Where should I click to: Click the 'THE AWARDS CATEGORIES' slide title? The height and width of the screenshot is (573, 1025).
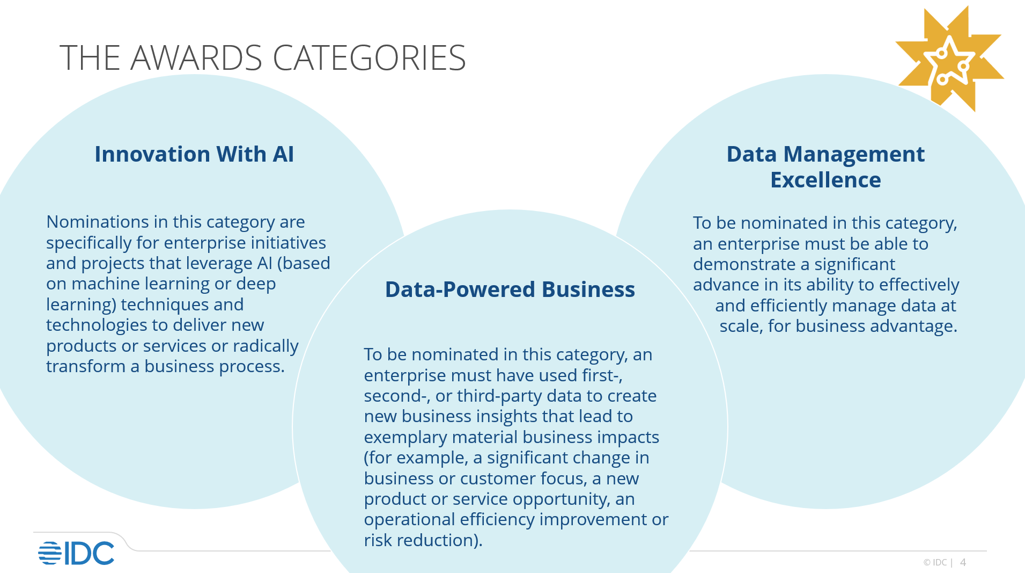tap(262, 57)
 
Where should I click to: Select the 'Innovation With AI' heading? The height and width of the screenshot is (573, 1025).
tap(194, 154)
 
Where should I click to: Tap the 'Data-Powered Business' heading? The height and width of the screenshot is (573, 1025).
tap(510, 289)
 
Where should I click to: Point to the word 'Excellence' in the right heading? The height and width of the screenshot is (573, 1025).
tap(825, 180)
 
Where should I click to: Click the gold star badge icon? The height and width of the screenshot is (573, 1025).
tap(949, 59)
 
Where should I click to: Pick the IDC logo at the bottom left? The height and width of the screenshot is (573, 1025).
tap(76, 553)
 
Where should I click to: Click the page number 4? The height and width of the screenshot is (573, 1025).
tap(963, 562)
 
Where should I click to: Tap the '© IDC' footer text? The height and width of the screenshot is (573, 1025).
tap(935, 562)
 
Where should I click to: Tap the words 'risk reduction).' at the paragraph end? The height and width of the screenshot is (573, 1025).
tap(423, 540)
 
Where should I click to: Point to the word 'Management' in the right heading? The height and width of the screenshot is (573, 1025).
tap(854, 154)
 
